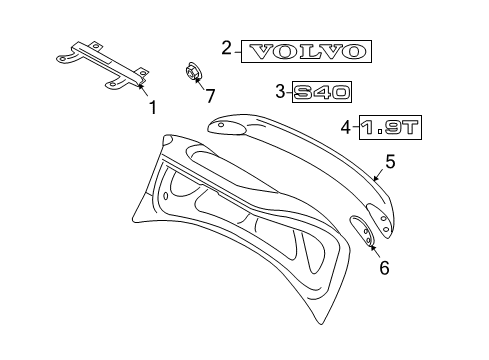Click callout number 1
152,106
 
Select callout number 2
226,48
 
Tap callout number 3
279,92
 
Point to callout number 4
345,127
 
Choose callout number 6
383,266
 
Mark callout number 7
210,96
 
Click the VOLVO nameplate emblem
307,51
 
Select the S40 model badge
322,93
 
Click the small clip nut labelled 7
192,74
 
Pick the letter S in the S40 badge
303,93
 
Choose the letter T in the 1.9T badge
411,128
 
